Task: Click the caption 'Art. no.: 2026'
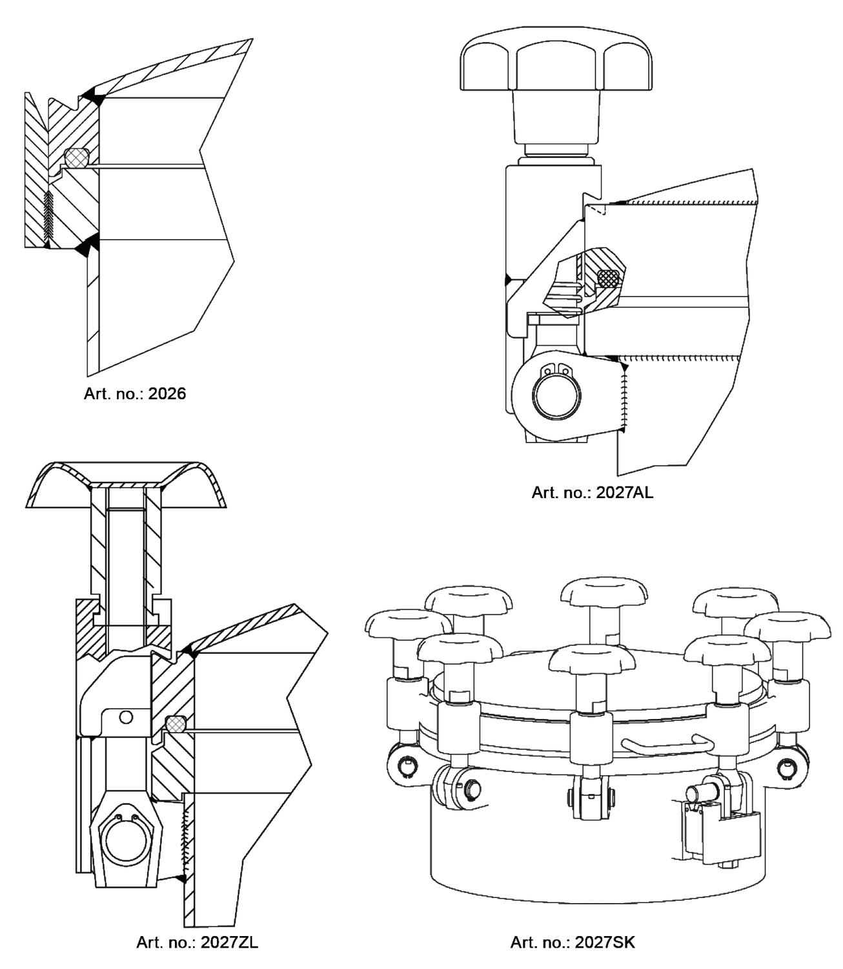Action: tap(135, 393)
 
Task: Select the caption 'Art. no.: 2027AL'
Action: tap(593, 492)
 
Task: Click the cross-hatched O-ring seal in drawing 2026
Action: tap(77, 158)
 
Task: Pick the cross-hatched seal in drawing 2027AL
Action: tap(609, 278)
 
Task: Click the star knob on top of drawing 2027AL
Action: tap(556, 65)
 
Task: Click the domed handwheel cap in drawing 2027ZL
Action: tap(126, 484)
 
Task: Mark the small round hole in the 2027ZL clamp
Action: tap(126, 717)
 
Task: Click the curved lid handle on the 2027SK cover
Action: tap(669, 746)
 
